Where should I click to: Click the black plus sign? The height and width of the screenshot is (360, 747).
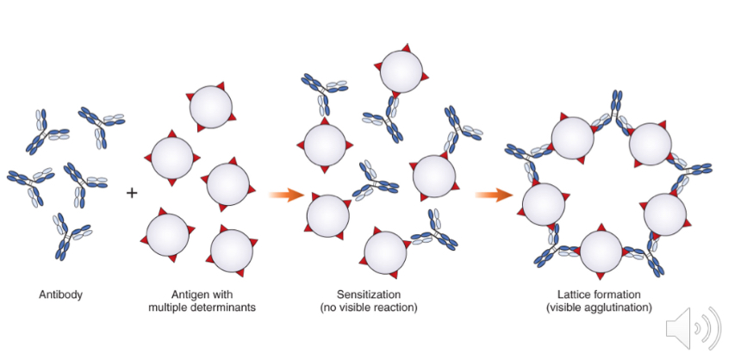click(x=132, y=192)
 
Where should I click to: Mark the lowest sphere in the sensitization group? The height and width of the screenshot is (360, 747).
click(x=385, y=251)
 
